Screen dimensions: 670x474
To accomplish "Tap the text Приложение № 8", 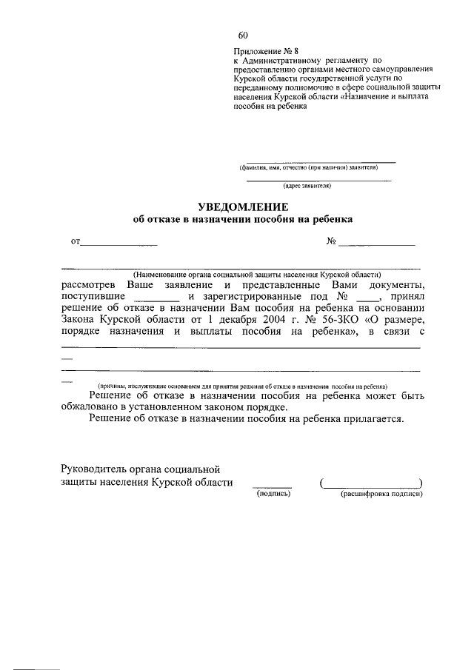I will [259, 51].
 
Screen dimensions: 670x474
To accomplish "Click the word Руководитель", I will [99, 469].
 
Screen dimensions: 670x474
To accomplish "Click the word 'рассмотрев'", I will [88, 285].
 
